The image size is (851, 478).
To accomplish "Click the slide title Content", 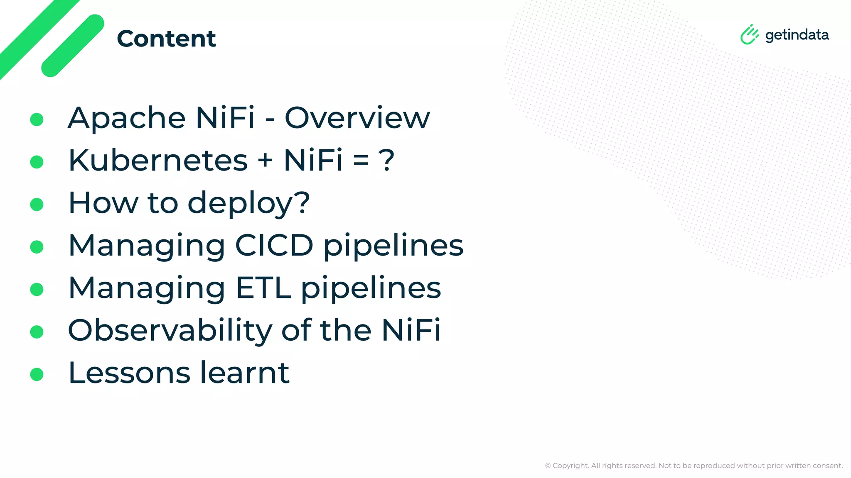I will tap(166, 39).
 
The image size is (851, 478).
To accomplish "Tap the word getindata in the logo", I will tap(797, 35).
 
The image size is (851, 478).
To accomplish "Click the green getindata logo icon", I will tap(749, 34).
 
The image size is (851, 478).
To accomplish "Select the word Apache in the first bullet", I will tap(126, 118).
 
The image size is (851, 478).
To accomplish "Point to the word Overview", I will tap(357, 118).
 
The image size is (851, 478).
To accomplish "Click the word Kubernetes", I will tap(158, 161).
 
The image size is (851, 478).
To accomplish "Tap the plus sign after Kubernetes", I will tap(265, 161).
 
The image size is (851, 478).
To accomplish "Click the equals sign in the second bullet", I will tap(361, 161).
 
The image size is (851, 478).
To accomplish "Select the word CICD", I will tap(274, 245).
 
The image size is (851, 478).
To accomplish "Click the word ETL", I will tap(263, 288).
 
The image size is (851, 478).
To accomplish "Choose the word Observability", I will tap(170, 330).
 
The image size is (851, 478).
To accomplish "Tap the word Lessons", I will tap(129, 373).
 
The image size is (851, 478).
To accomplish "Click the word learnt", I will tap(244, 373).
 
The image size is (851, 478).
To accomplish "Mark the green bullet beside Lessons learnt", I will tap(37, 374).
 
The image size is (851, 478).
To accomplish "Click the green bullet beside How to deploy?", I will tap(37, 204).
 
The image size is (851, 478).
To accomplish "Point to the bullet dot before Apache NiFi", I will tap(37, 119).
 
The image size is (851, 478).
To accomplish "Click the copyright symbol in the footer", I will tap(548, 466).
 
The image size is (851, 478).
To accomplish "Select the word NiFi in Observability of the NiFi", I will tap(411, 330).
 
